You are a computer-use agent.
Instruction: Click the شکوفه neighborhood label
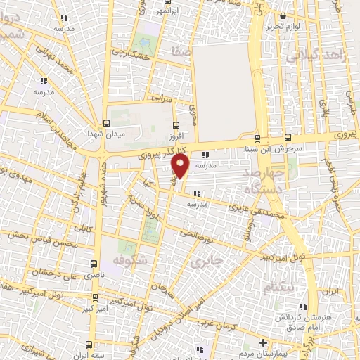pyautogui.click(x=127, y=261)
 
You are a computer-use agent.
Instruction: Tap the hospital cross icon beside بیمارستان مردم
pyautogui.click(x=262, y=343)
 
